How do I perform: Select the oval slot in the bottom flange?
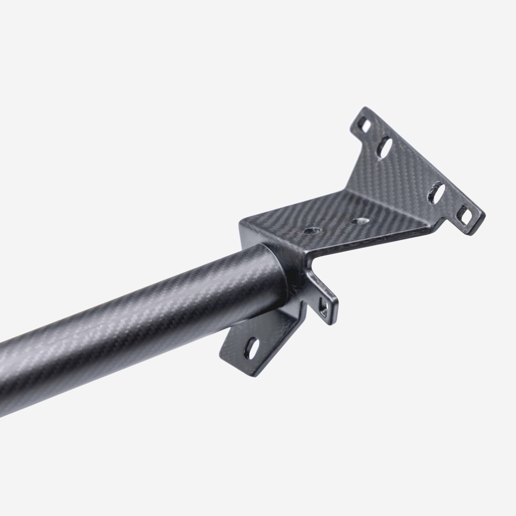[253, 346]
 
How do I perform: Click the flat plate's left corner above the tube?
[241, 223]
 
